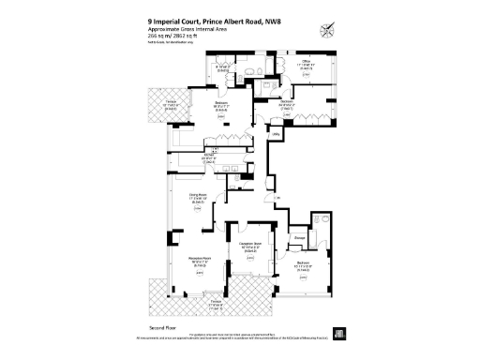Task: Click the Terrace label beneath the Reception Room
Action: (x=216, y=302)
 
